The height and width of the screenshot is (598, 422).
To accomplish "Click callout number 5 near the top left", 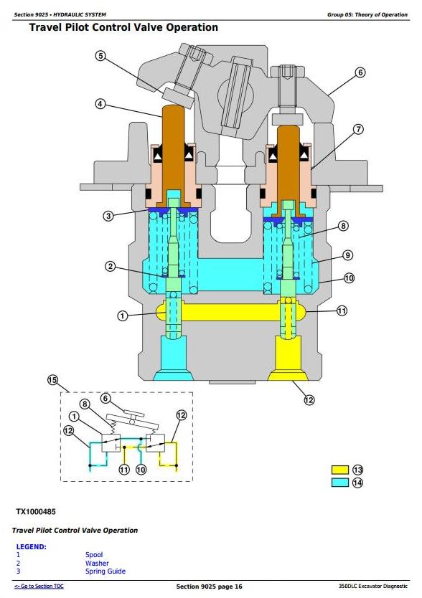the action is pos(100,56).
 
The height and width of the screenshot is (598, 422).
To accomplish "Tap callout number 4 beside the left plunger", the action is pos(100,104).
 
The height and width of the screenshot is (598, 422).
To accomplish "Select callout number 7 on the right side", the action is pos(358,129).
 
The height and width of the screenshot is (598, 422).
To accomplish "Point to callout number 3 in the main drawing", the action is pos(108,216).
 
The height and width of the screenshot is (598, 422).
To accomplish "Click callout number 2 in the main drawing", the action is pos(110,266).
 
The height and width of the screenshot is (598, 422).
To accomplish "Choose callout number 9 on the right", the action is pos(347,255).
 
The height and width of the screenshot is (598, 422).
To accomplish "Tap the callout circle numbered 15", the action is pos(52,380).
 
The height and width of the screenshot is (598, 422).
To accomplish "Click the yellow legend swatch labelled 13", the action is pos(340,470).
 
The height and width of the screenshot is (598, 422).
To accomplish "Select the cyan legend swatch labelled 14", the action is pos(340,483).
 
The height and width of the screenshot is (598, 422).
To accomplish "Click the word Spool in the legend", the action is pos(94,555).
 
